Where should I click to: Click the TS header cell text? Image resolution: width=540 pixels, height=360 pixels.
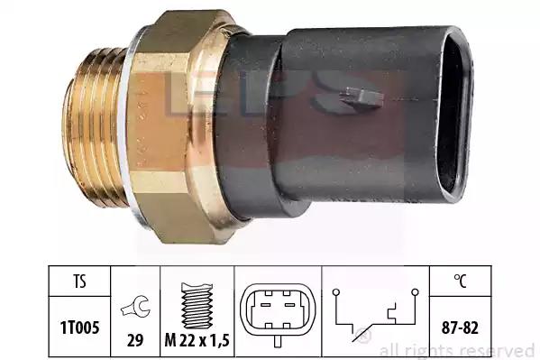(x=79, y=281)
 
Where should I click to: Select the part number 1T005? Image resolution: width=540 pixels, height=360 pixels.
(x=79, y=328)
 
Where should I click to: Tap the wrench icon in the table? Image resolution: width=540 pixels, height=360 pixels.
(x=135, y=307)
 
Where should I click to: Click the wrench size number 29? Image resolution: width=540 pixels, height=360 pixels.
(x=135, y=341)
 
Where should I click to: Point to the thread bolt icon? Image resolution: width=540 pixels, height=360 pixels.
(x=197, y=306)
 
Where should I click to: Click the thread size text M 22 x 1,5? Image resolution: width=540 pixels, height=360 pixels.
(x=197, y=341)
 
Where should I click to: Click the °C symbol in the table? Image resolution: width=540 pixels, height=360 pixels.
(x=460, y=281)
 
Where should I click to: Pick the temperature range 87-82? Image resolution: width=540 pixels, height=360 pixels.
(x=460, y=328)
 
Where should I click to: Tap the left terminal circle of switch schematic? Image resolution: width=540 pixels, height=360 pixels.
(x=336, y=292)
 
